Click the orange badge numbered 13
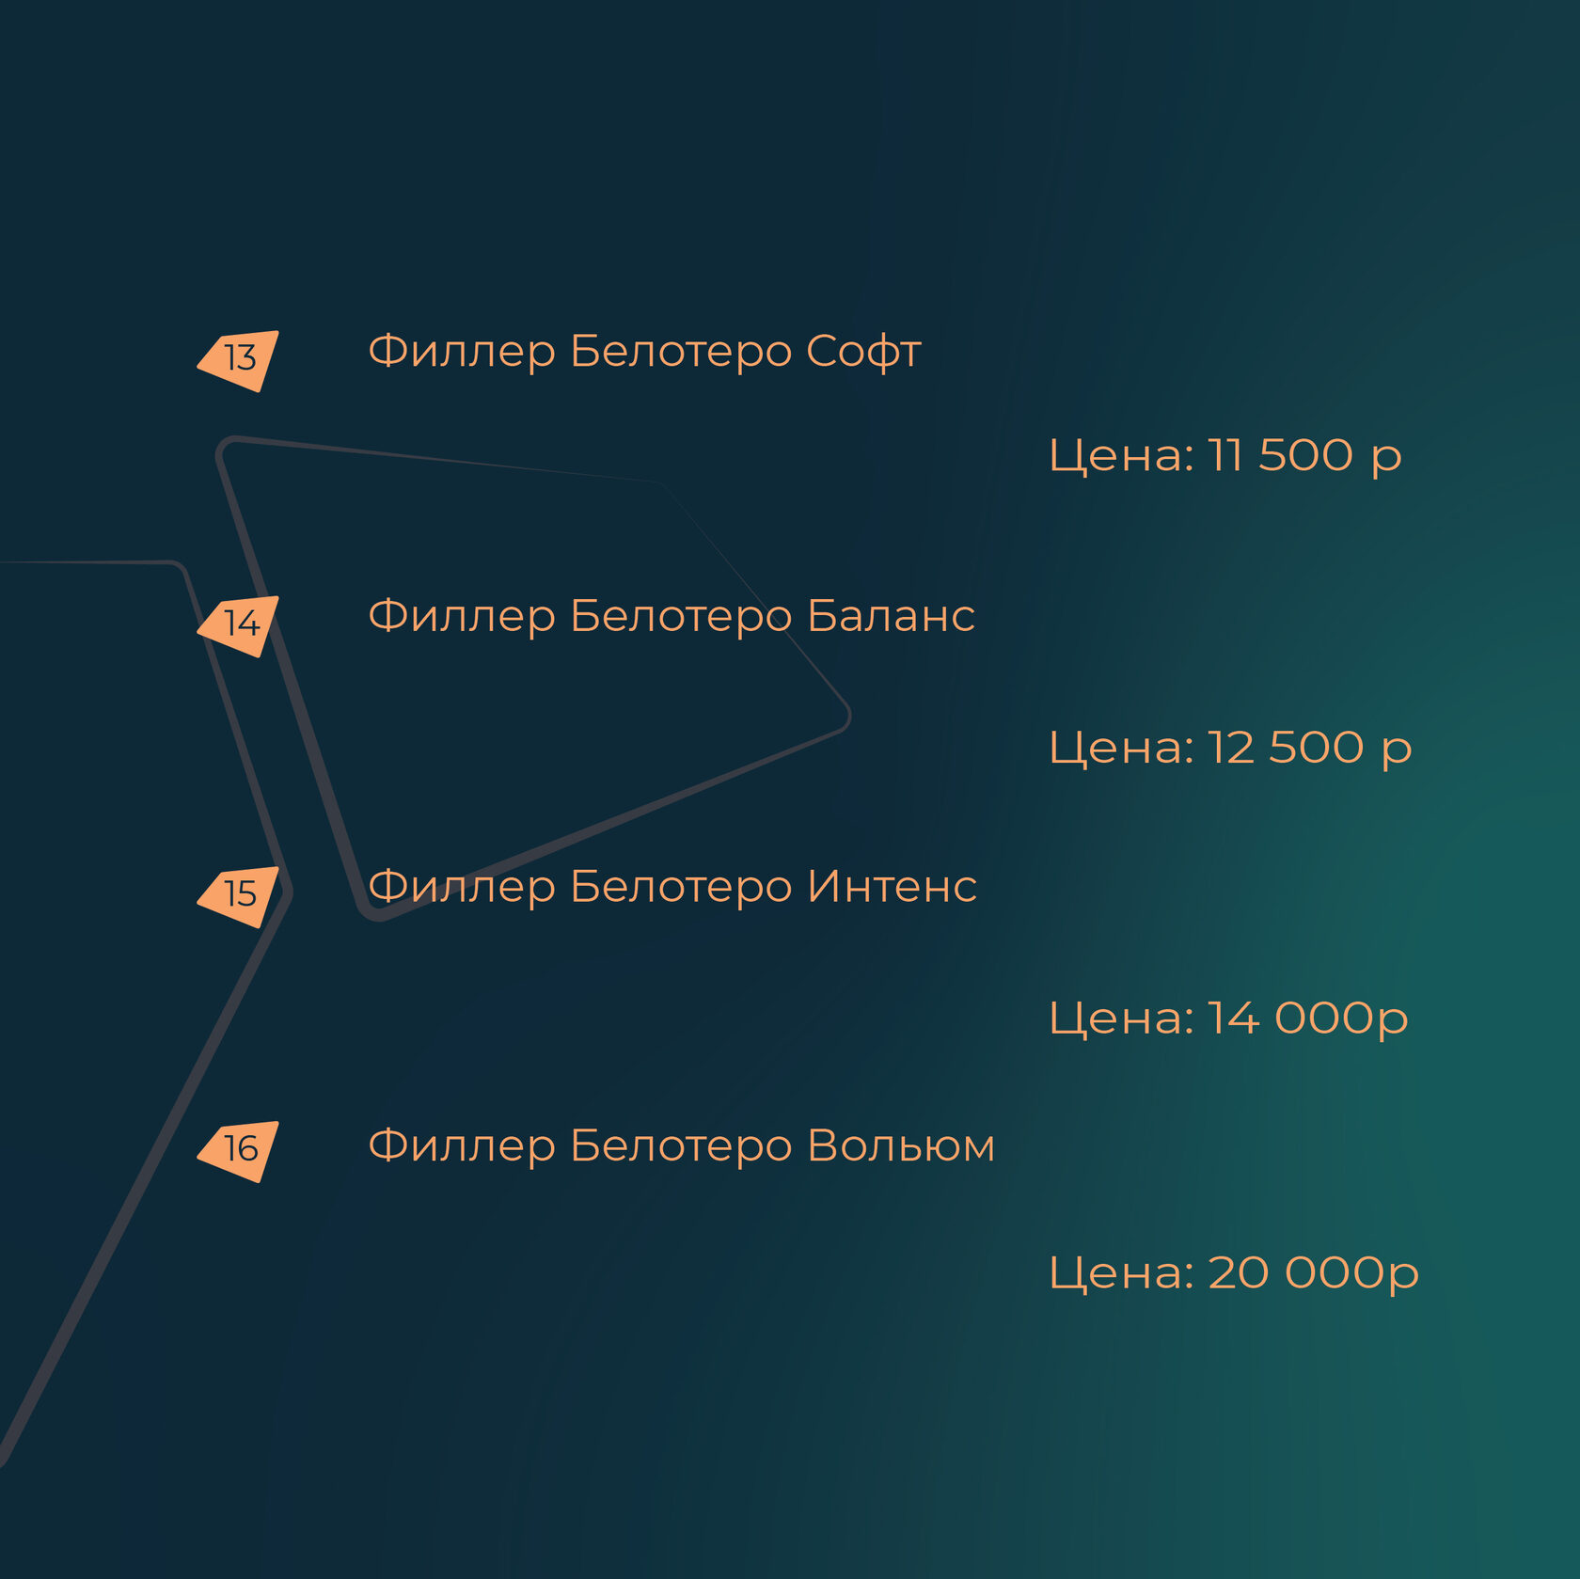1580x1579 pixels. pos(241,359)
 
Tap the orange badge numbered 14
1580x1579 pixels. pos(241,624)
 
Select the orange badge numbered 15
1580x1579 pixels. pos(241,894)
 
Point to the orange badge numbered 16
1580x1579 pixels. pos(241,1149)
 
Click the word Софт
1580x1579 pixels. pos(863,353)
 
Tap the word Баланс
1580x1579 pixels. pos(891,617)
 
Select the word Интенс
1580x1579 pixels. pos(892,887)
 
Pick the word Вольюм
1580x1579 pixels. pos(900,1146)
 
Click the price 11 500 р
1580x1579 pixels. pos(1304,456)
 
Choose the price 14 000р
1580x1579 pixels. pos(1307,1018)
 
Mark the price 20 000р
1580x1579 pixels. pos(1313,1273)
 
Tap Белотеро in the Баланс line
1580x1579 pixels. pos(681,617)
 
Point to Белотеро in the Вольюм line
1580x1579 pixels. pos(681,1146)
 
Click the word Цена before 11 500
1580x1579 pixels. pos(1120,456)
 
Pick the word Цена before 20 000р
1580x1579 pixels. pos(1120,1273)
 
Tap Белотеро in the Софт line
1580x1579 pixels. pos(681,353)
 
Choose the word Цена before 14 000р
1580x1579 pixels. pos(1120,1018)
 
